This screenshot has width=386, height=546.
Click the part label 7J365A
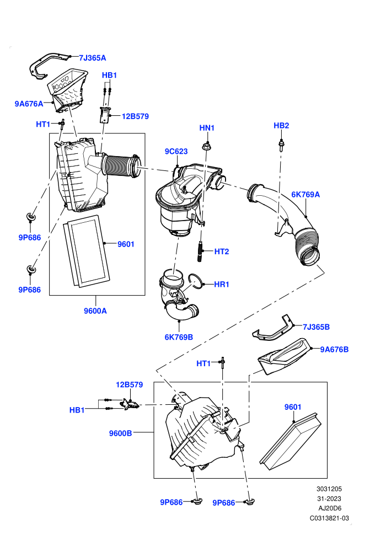[x=92, y=58]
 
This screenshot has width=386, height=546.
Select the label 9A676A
[x=29, y=104]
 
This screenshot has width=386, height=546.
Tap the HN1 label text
[x=207, y=128]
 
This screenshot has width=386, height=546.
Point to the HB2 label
[x=281, y=125]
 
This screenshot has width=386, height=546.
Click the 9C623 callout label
[x=176, y=152]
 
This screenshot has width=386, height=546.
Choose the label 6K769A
[x=305, y=194]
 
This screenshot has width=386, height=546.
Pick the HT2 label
[x=222, y=251]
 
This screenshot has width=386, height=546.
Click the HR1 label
[x=222, y=284]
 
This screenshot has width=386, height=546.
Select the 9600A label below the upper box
[x=95, y=311]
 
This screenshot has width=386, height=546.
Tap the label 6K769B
[x=179, y=337]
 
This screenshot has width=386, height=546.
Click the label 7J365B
[x=316, y=327]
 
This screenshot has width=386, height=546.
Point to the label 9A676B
[x=334, y=349]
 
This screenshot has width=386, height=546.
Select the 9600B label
[x=120, y=433]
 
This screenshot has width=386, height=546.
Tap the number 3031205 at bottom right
[x=329, y=489]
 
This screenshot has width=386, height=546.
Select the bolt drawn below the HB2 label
[x=281, y=144]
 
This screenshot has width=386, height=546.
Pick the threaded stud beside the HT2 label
[x=201, y=251]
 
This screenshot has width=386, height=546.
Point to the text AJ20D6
[x=329, y=508]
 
